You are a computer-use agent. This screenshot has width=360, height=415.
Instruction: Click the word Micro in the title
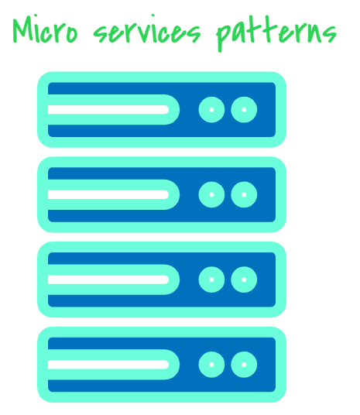tap(45, 29)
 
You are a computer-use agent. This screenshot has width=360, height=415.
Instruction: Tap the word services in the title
tap(147, 29)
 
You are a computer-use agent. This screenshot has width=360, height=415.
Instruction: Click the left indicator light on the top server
tap(211, 110)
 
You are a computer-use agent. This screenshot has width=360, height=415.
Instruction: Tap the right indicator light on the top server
tap(244, 110)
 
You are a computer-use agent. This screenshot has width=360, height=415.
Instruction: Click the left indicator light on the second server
tap(211, 194)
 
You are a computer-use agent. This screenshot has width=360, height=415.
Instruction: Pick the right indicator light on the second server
tap(244, 194)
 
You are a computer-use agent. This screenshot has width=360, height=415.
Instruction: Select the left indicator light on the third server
tap(211, 280)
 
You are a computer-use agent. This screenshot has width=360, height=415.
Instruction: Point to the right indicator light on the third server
tap(244, 280)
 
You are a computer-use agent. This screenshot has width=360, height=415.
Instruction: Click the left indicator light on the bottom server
tap(211, 365)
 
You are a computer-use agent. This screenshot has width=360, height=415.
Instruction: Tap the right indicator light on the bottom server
tap(244, 365)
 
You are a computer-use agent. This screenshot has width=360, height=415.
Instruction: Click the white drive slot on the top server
tap(108, 110)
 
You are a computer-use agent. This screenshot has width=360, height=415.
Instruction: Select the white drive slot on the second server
tap(108, 194)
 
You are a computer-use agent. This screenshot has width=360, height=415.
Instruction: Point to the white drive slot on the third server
tap(108, 280)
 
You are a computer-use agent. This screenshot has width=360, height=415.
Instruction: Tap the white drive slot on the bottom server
tap(108, 365)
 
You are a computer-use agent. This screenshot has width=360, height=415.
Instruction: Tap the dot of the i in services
tap(153, 15)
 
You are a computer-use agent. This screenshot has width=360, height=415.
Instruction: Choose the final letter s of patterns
tap(331, 34)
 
